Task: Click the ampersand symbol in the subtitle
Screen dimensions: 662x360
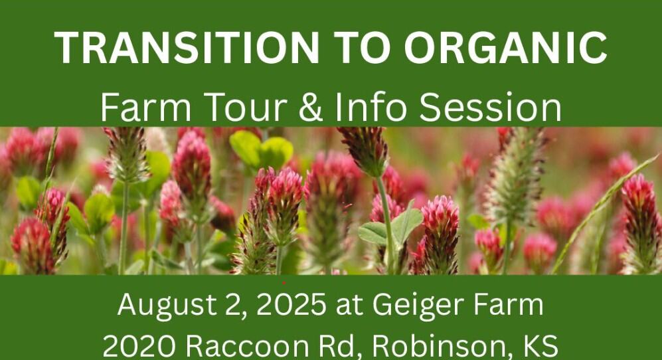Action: pos(310,108)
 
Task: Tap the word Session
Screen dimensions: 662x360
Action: pos(490,108)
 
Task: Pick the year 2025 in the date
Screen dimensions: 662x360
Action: pos(291,304)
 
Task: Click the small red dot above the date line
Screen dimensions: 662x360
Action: pos(284,283)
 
